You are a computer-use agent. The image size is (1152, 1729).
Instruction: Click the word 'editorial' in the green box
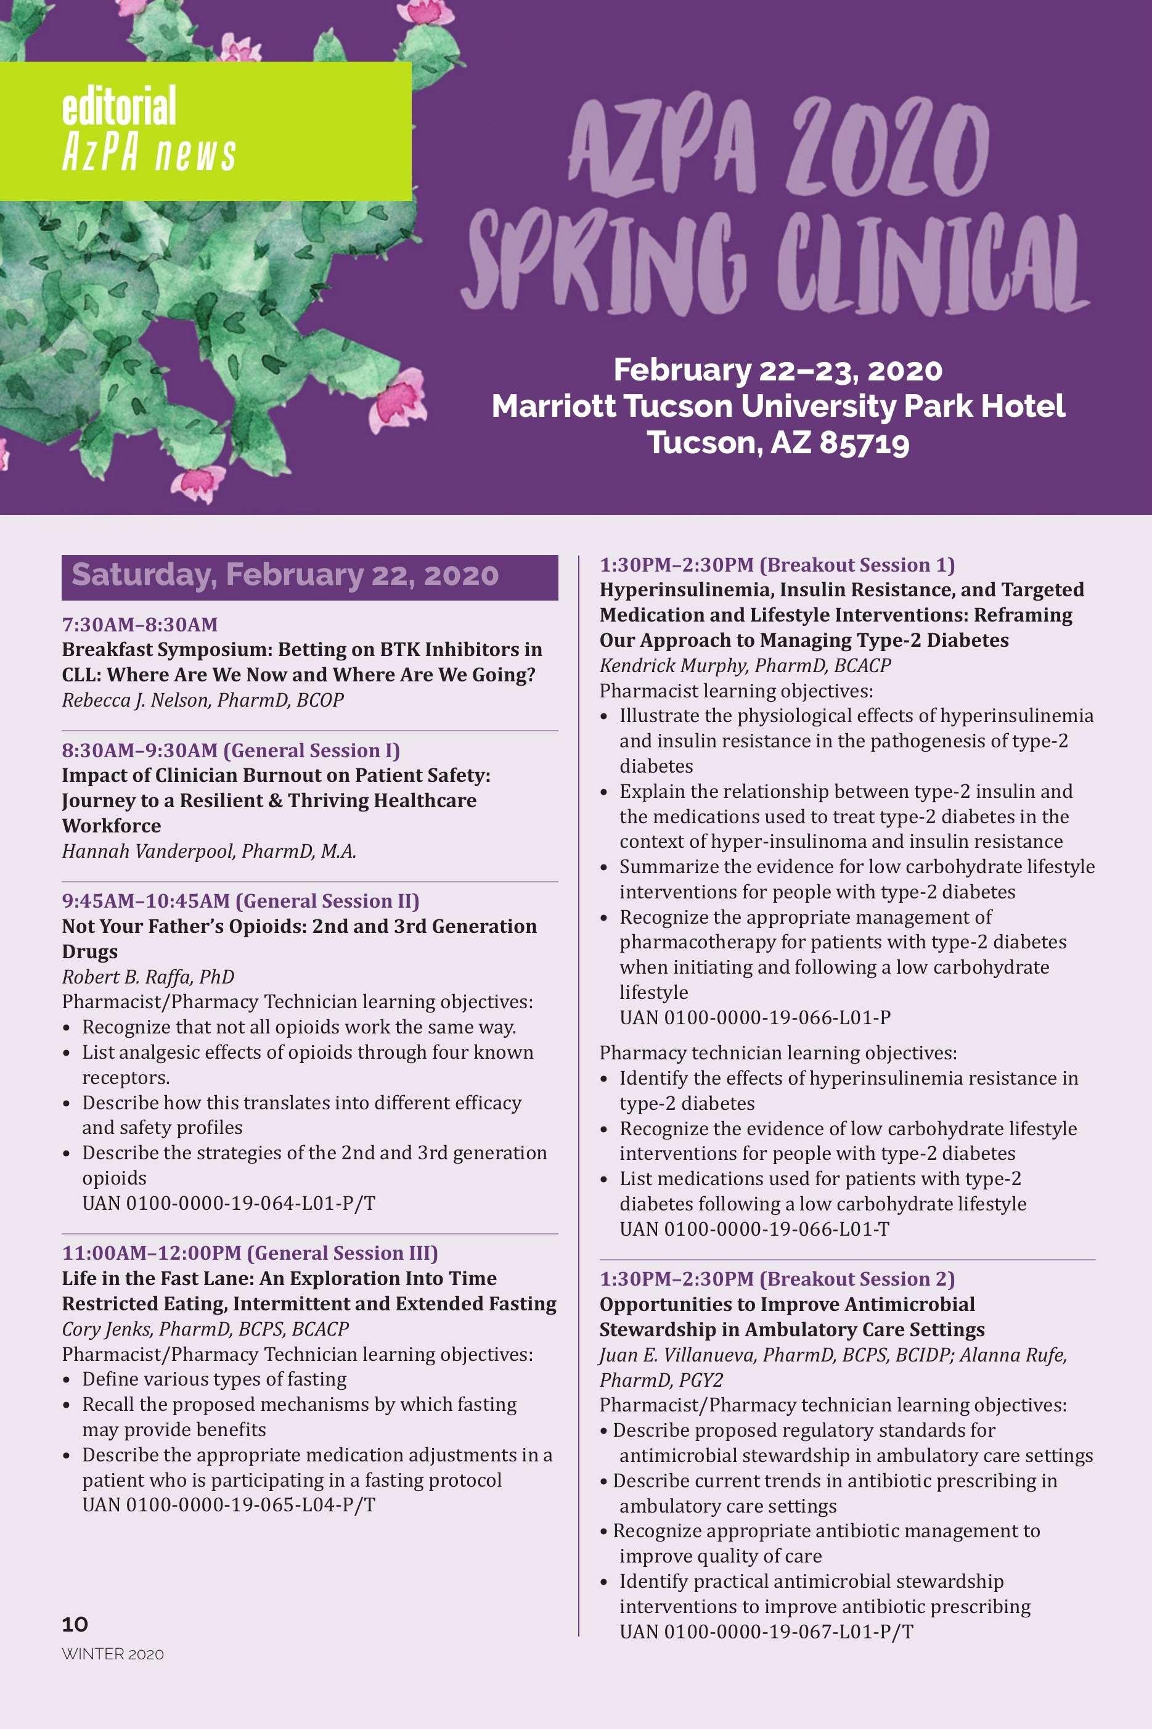pos(119,106)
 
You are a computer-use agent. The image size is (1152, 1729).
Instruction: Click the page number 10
pos(75,1624)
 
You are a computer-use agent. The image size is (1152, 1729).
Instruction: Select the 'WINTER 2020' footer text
pos(112,1654)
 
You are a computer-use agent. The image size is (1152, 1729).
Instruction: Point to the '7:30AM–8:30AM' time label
pos(139,625)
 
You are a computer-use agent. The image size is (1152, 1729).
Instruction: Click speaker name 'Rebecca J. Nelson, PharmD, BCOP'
pos(203,699)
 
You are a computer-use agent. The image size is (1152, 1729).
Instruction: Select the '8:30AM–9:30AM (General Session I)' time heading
pos(231,750)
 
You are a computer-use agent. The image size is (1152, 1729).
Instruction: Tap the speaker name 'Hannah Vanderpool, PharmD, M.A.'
pos(209,851)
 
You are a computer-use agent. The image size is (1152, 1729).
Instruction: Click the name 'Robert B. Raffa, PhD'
pos(148,977)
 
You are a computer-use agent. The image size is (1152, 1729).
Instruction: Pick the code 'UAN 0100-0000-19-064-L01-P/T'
pos(229,1203)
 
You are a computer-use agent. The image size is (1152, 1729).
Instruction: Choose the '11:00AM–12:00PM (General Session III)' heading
pos(250,1253)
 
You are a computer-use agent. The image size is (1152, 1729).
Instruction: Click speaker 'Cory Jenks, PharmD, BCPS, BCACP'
pos(205,1329)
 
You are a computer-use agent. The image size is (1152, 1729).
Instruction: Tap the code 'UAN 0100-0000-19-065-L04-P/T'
pos(229,1505)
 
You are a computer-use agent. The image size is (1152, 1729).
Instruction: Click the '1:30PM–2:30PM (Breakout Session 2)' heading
pos(777,1279)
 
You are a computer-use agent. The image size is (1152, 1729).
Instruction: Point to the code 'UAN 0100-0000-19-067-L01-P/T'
pos(766,1632)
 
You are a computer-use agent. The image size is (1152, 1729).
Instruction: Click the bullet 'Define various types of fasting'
pos(214,1379)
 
